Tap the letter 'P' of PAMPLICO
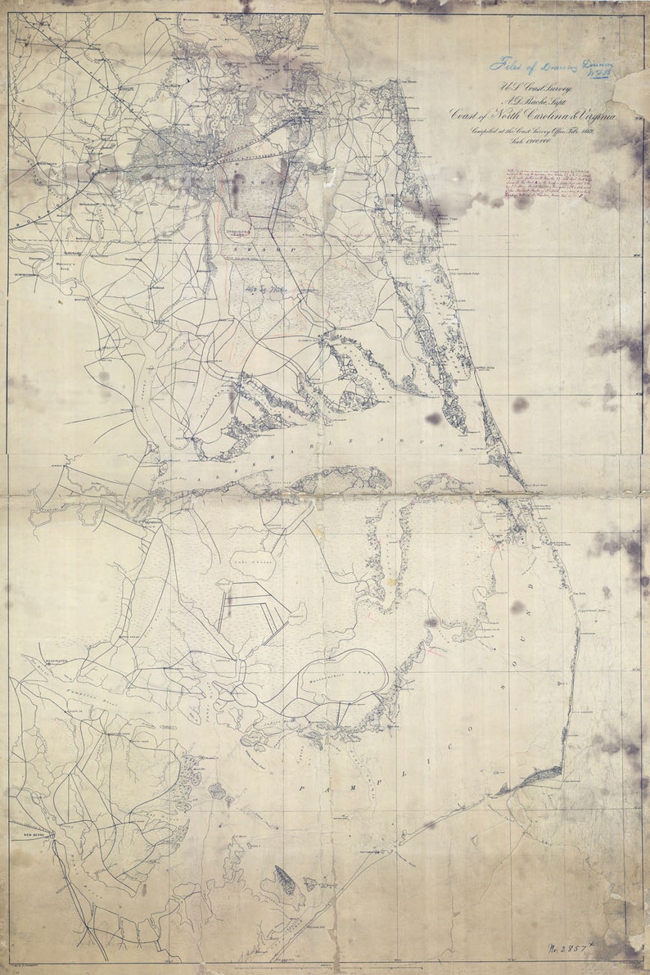pyautogui.click(x=301, y=787)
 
